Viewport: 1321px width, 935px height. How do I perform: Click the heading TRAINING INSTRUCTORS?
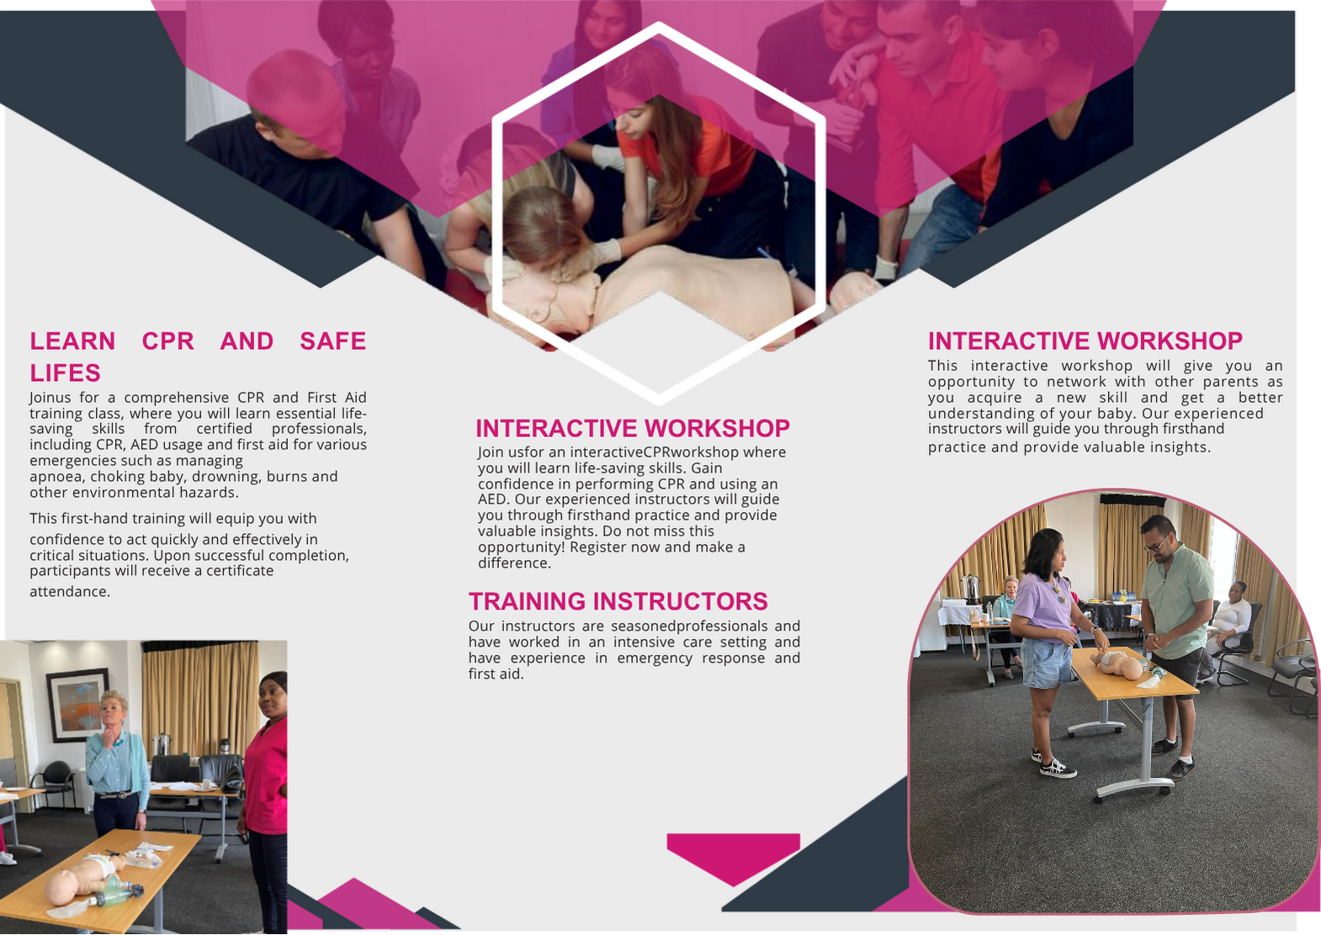[x=618, y=601]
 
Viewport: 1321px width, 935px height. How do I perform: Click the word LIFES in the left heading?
[x=65, y=372]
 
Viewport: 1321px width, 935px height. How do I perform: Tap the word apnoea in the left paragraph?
[x=56, y=477]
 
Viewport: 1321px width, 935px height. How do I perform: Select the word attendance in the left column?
[x=69, y=592]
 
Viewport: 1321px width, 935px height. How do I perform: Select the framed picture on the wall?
[x=77, y=705]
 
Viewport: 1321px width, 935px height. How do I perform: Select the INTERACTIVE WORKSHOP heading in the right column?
[x=1085, y=341]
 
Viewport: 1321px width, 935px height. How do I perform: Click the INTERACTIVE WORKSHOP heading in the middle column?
[x=632, y=428]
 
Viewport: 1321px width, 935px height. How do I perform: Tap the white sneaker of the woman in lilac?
[x=1057, y=767]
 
